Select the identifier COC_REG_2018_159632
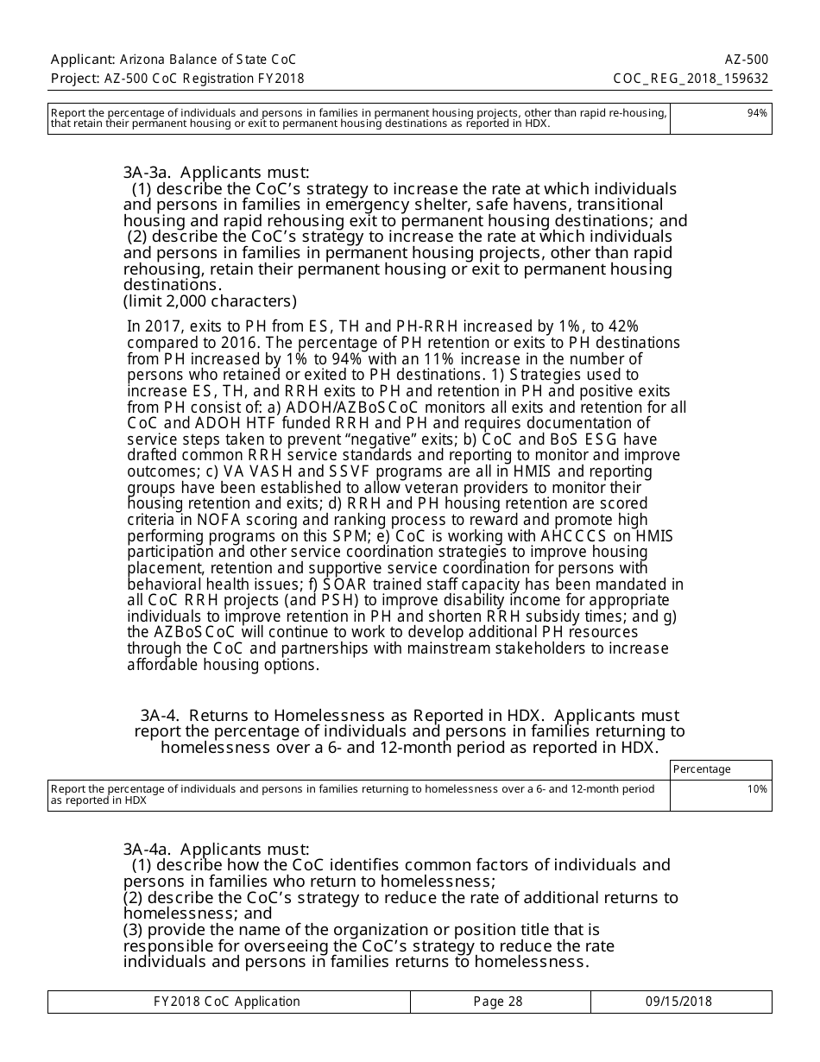690,79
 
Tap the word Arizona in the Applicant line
148,60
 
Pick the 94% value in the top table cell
757,112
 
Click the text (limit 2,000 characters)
210,301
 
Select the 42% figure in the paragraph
623,326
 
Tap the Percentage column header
702,769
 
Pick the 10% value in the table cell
757,789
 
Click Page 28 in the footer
498,1002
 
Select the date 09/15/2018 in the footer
678,1002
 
